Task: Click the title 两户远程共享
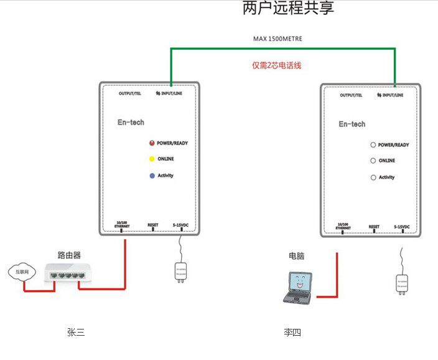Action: pos(288,9)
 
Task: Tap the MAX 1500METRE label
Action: pos(277,39)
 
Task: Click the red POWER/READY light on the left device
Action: pos(151,143)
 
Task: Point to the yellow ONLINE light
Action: pos(151,159)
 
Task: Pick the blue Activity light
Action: pos(151,176)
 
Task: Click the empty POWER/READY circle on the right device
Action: pos(373,145)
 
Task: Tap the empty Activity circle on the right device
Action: pos(373,178)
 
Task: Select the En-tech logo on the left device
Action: pos(131,122)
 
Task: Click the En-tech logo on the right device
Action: pos(352,124)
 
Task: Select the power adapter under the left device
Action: pos(180,272)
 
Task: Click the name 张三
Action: pos(76,333)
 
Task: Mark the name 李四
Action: pos(292,333)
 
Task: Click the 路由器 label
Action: pos(69,255)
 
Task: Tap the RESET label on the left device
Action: pos(153,225)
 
